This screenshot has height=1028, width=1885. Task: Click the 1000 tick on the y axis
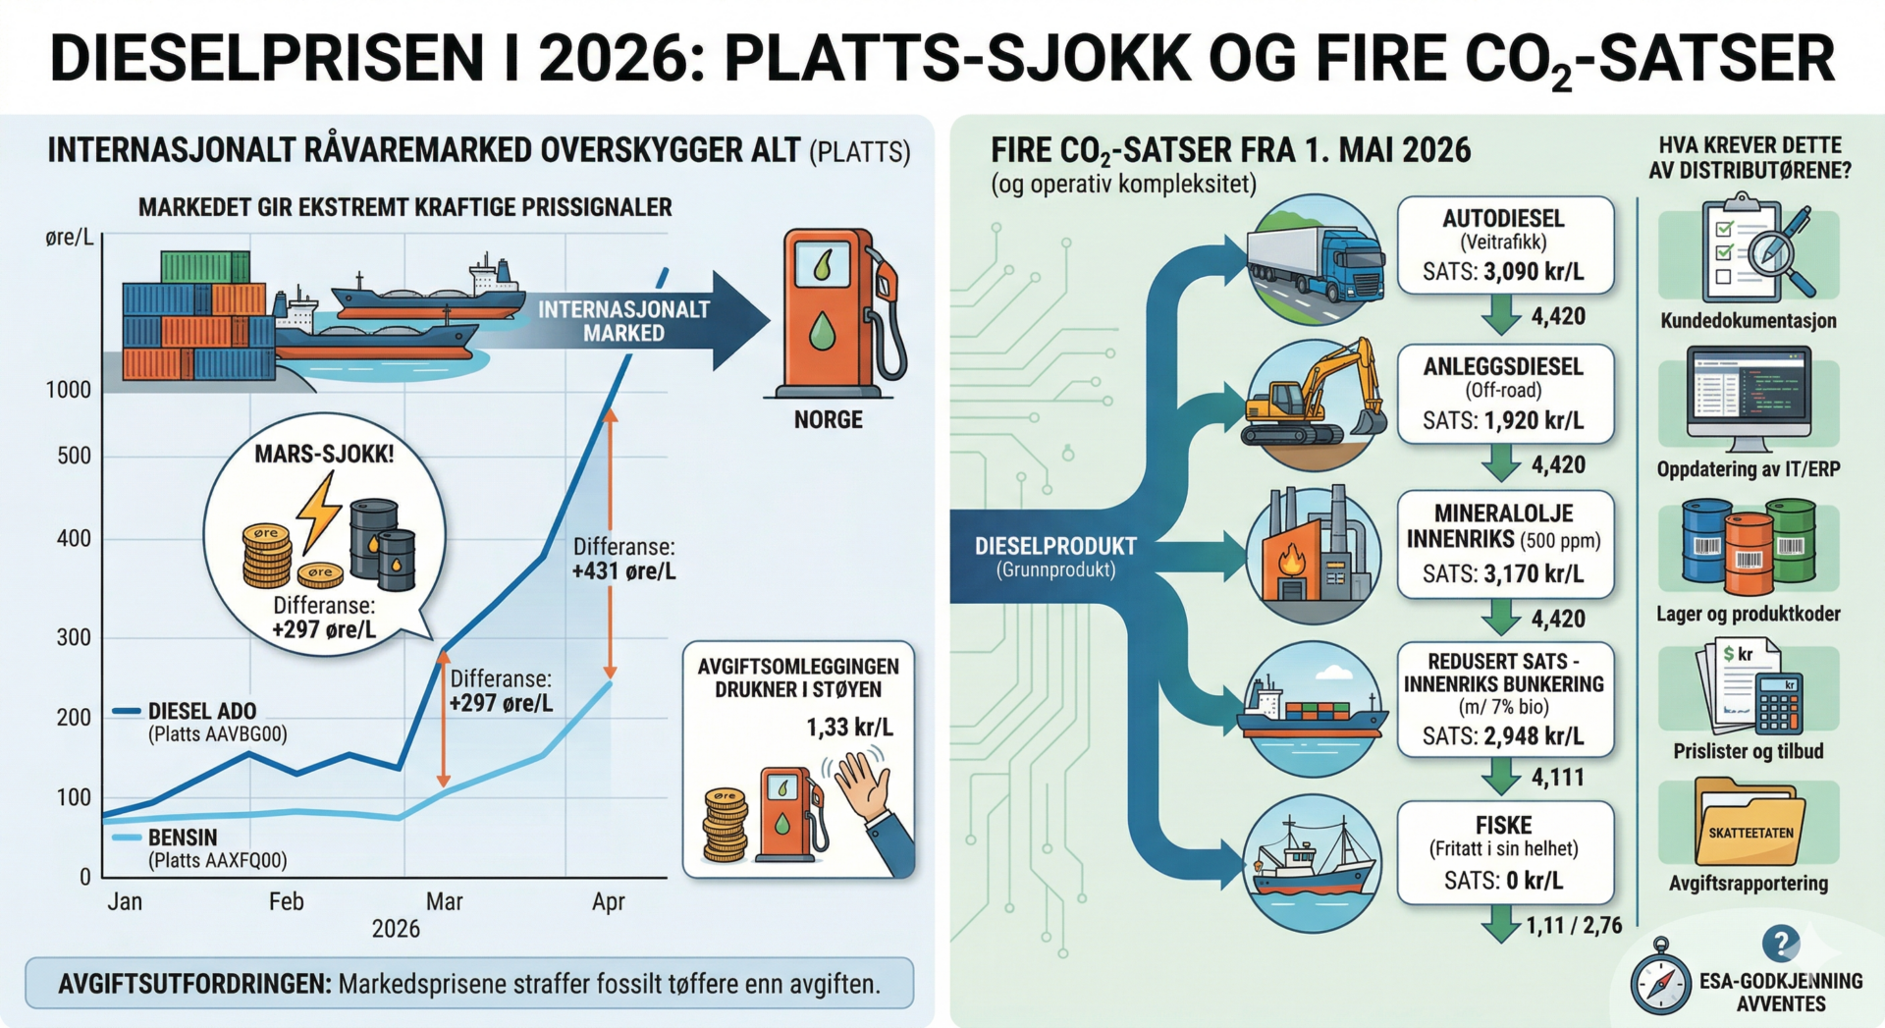tap(68, 390)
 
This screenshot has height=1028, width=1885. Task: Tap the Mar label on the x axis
tap(444, 901)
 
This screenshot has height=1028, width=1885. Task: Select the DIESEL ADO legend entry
tap(201, 711)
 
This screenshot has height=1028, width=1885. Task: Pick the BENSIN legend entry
tap(183, 838)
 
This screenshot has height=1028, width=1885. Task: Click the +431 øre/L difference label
tap(624, 570)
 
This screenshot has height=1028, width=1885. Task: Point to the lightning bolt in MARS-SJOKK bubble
tap(319, 511)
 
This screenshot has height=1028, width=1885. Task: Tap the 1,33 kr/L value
tap(849, 728)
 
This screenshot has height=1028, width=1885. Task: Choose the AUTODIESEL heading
tap(1503, 218)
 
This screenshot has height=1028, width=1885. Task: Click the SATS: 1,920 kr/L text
tap(1503, 421)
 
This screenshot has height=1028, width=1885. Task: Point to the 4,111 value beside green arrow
tap(1558, 778)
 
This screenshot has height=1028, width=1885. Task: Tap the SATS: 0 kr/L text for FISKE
tap(1503, 881)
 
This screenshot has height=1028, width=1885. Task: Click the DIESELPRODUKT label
tap(1055, 546)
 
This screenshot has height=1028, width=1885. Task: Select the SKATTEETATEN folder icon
tap(1749, 823)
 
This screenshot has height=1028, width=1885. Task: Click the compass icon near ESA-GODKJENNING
tap(1660, 984)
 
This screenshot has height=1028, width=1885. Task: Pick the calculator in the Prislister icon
tap(1778, 704)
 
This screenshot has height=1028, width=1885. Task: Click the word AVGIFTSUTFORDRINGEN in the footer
tap(194, 984)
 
